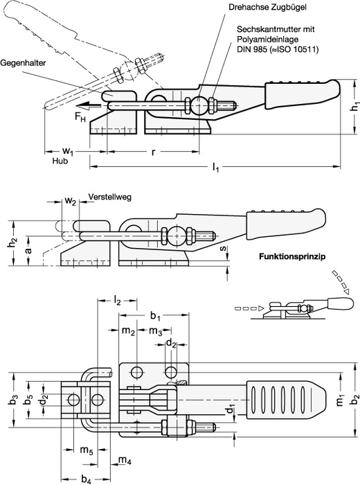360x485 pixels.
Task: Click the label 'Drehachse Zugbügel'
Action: pyautogui.click(x=268, y=7)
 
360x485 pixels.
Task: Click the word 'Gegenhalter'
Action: pyautogui.click(x=23, y=63)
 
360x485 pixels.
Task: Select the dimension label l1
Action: pyautogui.click(x=216, y=168)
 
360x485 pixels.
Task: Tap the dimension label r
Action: pyautogui.click(x=153, y=152)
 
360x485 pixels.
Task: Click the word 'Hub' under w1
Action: pyautogui.click(x=60, y=161)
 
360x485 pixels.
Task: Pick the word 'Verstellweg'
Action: pyautogui.click(x=109, y=197)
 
